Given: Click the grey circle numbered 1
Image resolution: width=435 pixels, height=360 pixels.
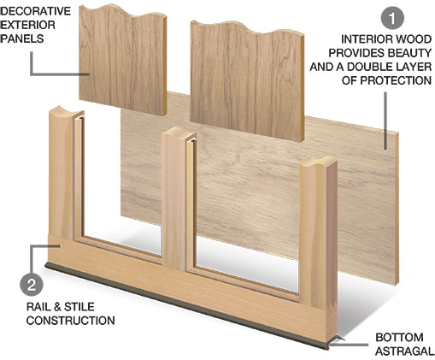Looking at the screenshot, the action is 392,18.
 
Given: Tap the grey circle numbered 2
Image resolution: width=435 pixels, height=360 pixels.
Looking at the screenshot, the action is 32,284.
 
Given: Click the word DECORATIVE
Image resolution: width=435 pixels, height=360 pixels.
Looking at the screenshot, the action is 35,11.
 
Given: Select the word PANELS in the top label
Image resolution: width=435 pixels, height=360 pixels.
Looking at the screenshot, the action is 22,38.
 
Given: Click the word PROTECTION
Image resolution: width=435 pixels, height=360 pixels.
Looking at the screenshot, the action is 396,80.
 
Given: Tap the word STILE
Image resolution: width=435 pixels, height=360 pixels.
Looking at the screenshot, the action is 79,307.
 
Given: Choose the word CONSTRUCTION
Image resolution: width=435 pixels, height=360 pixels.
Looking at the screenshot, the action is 71,321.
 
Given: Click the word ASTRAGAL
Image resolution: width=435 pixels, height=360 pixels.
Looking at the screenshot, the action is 405,351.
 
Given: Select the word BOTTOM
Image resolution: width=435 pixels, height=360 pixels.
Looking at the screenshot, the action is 399,338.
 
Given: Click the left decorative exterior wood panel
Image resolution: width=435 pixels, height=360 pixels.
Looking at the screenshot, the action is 123,60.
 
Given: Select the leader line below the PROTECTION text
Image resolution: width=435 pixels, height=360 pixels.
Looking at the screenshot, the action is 385,121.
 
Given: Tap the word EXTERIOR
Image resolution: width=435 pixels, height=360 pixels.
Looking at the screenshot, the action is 27,25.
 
